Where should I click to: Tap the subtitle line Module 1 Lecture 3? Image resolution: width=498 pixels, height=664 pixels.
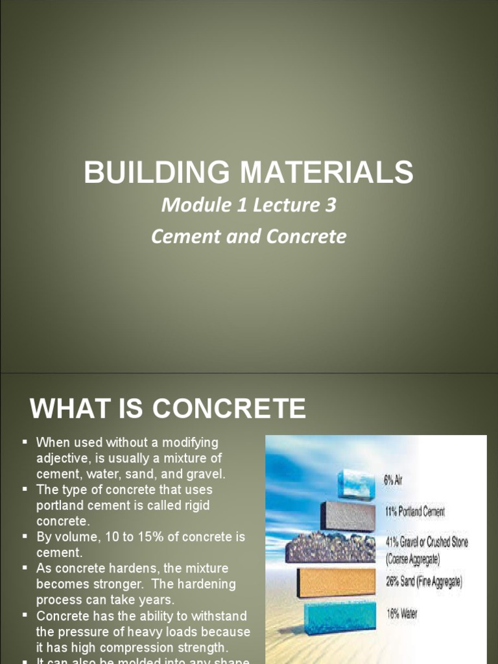pyautogui.click(x=249, y=206)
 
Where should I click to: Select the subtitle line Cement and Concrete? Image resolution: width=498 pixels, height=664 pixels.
pyautogui.click(x=249, y=236)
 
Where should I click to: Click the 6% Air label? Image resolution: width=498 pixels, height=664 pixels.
pyautogui.click(x=393, y=481)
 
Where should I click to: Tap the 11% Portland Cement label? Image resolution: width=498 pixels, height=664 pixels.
pyautogui.click(x=415, y=512)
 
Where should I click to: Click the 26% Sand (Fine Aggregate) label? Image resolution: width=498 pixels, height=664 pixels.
pyautogui.click(x=424, y=582)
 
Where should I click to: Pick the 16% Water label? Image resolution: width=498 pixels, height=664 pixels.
pyautogui.click(x=402, y=613)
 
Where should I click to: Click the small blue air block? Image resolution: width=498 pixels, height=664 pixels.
pyautogui.click(x=356, y=484)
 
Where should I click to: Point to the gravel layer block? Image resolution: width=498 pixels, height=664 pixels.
pyautogui.click(x=331, y=549)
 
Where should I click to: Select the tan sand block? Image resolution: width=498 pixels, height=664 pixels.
pyautogui.click(x=335, y=582)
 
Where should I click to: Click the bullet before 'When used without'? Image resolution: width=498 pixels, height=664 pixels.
pyautogui.click(x=25, y=442)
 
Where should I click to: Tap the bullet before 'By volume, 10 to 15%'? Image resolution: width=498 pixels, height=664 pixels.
pyautogui.click(x=25, y=537)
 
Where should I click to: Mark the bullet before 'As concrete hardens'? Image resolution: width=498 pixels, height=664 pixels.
pyautogui.click(x=25, y=568)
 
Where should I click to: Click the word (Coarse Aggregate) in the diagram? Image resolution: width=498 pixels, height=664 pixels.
pyautogui.click(x=413, y=557)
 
